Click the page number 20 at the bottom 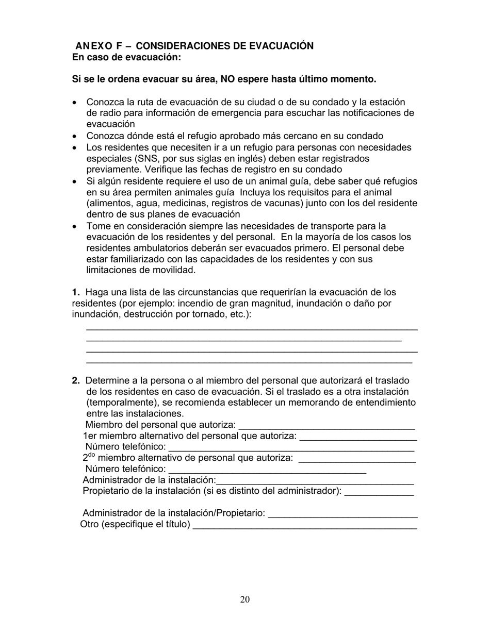coord(245,599)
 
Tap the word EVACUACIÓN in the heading coord(281,46)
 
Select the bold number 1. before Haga coord(76,292)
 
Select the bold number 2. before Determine coord(76,381)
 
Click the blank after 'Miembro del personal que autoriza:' coord(326,426)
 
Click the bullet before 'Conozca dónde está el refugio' coord(75,137)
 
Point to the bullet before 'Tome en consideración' coord(75,227)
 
